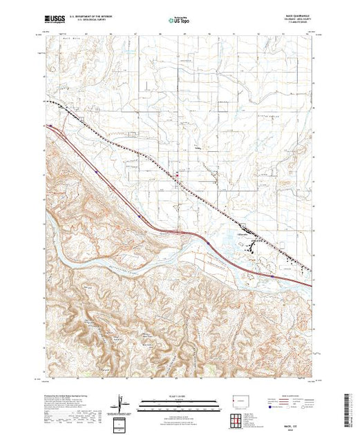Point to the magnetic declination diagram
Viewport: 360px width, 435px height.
click(123, 403)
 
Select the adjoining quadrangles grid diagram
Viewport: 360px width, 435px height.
click(234, 418)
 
